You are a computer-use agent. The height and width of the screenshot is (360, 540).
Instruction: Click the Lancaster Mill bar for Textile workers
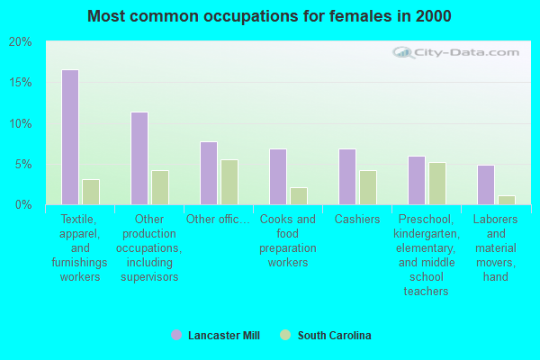(x=69, y=137)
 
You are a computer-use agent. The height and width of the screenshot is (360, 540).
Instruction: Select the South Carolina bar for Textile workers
(x=90, y=192)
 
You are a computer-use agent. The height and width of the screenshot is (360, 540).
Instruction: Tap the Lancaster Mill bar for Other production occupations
(x=139, y=158)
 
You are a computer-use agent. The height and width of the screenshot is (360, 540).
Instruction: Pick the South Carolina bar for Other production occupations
(x=159, y=187)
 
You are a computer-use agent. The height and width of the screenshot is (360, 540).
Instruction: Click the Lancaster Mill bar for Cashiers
(x=346, y=176)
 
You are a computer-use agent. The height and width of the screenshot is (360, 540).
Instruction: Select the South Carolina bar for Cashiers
(x=367, y=187)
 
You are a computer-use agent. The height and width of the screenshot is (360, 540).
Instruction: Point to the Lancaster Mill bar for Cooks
(x=277, y=176)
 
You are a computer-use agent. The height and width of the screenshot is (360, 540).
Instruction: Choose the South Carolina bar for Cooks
(x=298, y=195)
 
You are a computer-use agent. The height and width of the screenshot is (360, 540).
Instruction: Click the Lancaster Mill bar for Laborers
(x=485, y=184)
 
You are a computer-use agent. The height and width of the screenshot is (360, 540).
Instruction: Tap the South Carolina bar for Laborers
(x=506, y=200)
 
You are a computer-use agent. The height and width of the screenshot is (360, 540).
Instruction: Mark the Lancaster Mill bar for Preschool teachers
(x=416, y=180)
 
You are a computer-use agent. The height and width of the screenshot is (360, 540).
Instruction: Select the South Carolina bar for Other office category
(x=229, y=182)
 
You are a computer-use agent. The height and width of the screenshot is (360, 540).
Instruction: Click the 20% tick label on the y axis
(x=21, y=42)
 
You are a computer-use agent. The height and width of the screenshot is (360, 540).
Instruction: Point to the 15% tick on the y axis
(x=21, y=83)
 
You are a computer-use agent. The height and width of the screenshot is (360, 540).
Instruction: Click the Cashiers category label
(x=356, y=220)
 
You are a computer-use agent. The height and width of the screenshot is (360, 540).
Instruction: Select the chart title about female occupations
(x=270, y=16)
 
